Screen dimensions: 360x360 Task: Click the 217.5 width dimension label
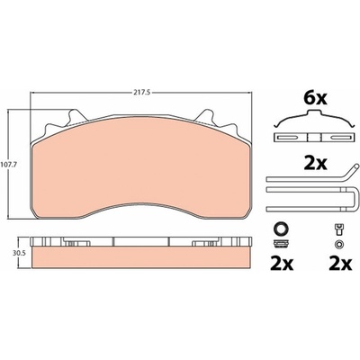point(140,93)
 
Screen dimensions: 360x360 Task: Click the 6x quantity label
point(315,99)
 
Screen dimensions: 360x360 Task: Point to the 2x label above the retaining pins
point(315,164)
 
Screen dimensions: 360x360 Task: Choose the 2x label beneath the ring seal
point(282,264)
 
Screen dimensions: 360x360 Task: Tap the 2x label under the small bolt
point(340,264)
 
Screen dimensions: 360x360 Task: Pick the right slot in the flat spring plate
point(339,138)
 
